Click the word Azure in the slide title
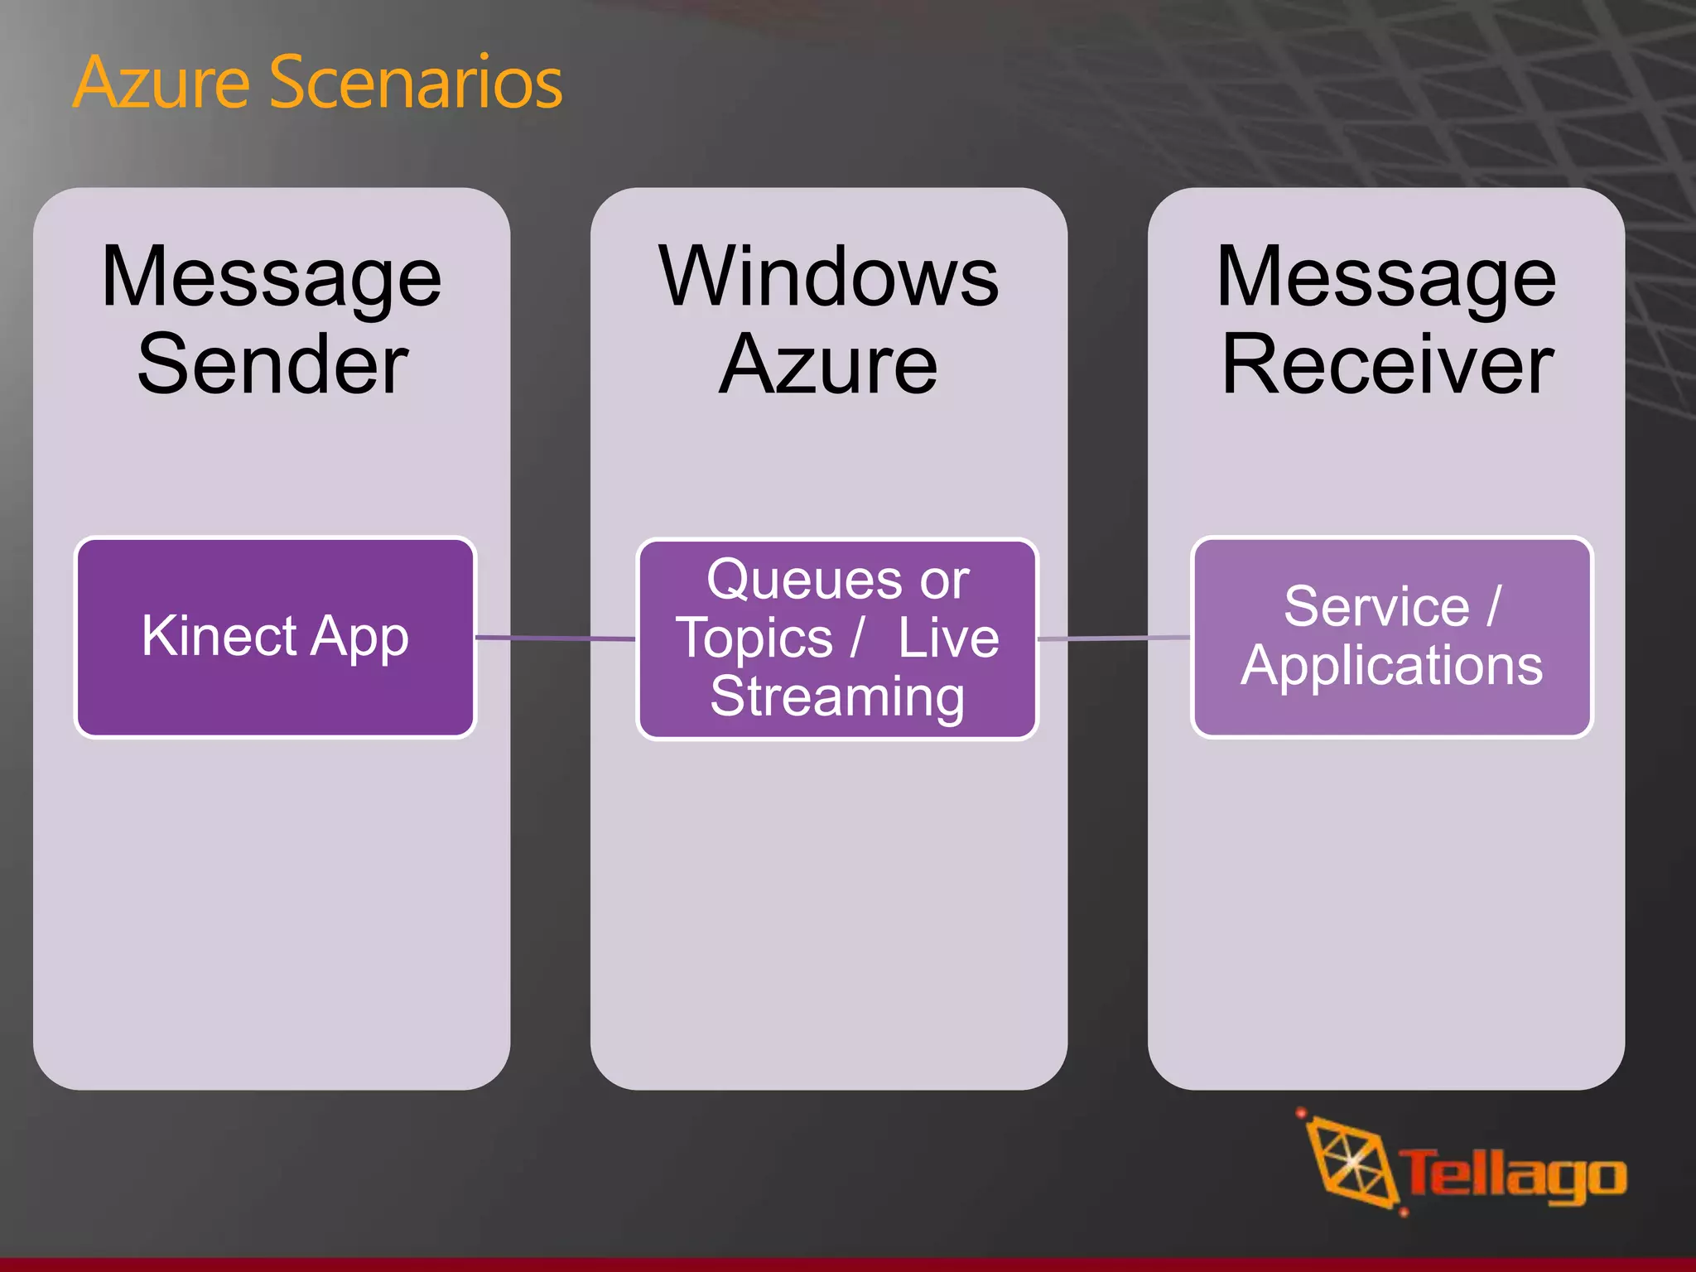coord(161,83)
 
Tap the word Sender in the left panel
coord(272,364)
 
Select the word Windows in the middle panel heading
coord(828,277)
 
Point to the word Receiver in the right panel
coord(1387,364)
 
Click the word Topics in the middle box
coord(754,638)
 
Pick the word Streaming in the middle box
coord(837,696)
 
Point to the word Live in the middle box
coord(948,638)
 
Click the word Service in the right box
coord(1376,607)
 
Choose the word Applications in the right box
coord(1391,666)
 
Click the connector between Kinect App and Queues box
coord(555,638)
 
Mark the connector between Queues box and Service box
coord(1114,638)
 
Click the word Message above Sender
coord(272,277)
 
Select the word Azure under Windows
coord(828,364)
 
